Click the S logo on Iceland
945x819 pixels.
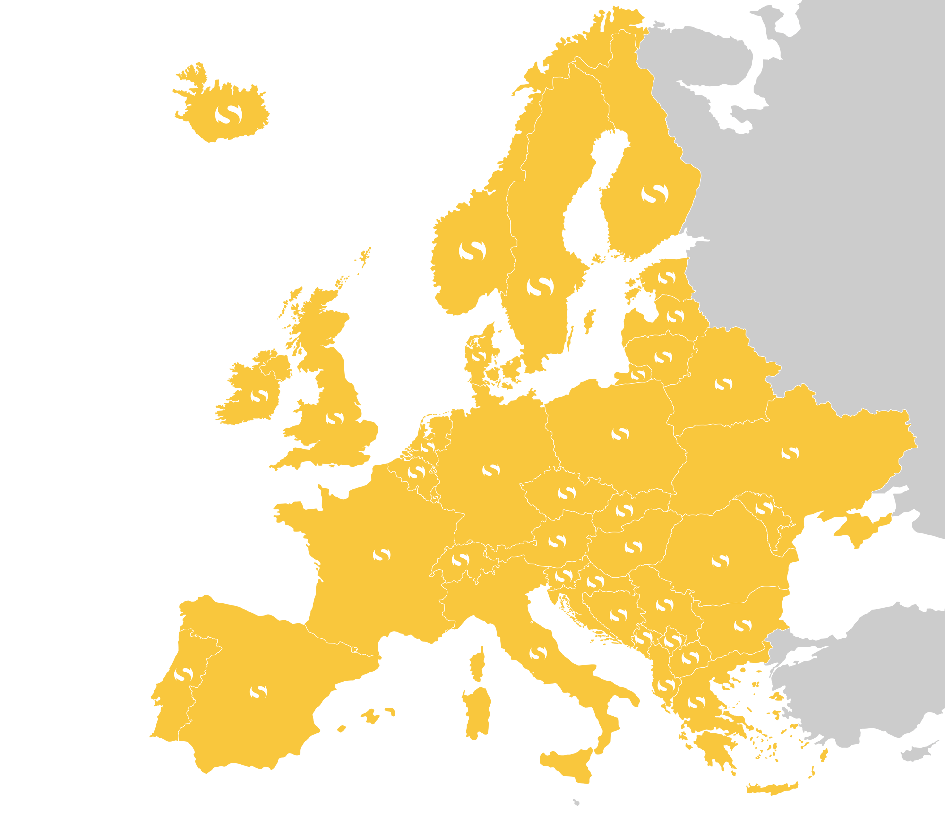click(x=229, y=114)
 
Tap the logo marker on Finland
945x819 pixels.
click(x=655, y=193)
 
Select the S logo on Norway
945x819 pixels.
click(x=472, y=250)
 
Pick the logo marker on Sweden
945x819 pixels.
click(x=540, y=286)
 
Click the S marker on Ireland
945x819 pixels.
click(x=259, y=396)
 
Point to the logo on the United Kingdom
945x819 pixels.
click(x=335, y=418)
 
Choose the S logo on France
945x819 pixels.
click(x=382, y=554)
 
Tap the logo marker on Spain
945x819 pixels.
click(x=258, y=691)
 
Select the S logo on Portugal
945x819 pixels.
click(x=183, y=674)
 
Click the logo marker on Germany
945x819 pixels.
click(x=491, y=470)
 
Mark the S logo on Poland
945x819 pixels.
click(x=620, y=433)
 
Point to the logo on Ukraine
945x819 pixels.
click(x=790, y=453)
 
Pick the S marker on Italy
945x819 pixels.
click(x=538, y=653)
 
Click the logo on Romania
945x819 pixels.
click(x=720, y=561)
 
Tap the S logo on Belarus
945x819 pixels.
click(x=723, y=384)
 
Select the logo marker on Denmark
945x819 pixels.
click(x=479, y=356)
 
